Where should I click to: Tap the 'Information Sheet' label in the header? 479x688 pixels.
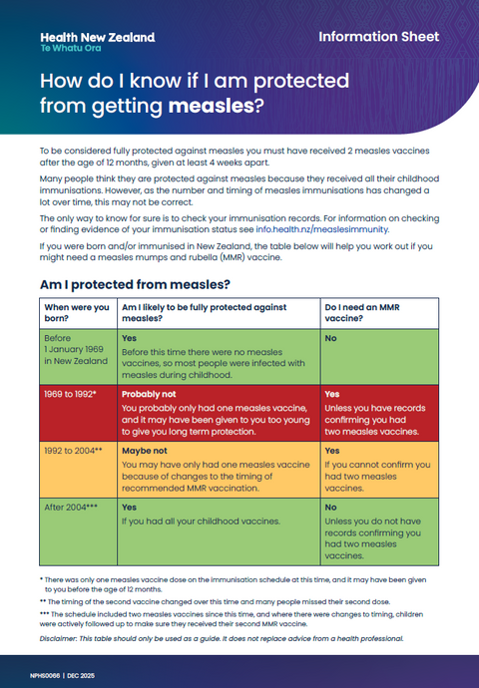tap(378, 37)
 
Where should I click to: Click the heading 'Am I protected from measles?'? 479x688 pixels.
tap(144, 285)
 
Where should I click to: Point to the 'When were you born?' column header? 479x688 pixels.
tap(77, 314)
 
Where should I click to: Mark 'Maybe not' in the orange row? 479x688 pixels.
tap(144, 451)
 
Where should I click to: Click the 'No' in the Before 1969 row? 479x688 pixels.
tap(330, 339)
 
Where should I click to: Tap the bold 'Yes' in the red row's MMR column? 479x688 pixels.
tap(332, 394)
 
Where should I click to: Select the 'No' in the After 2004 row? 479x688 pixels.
tap(330, 507)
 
